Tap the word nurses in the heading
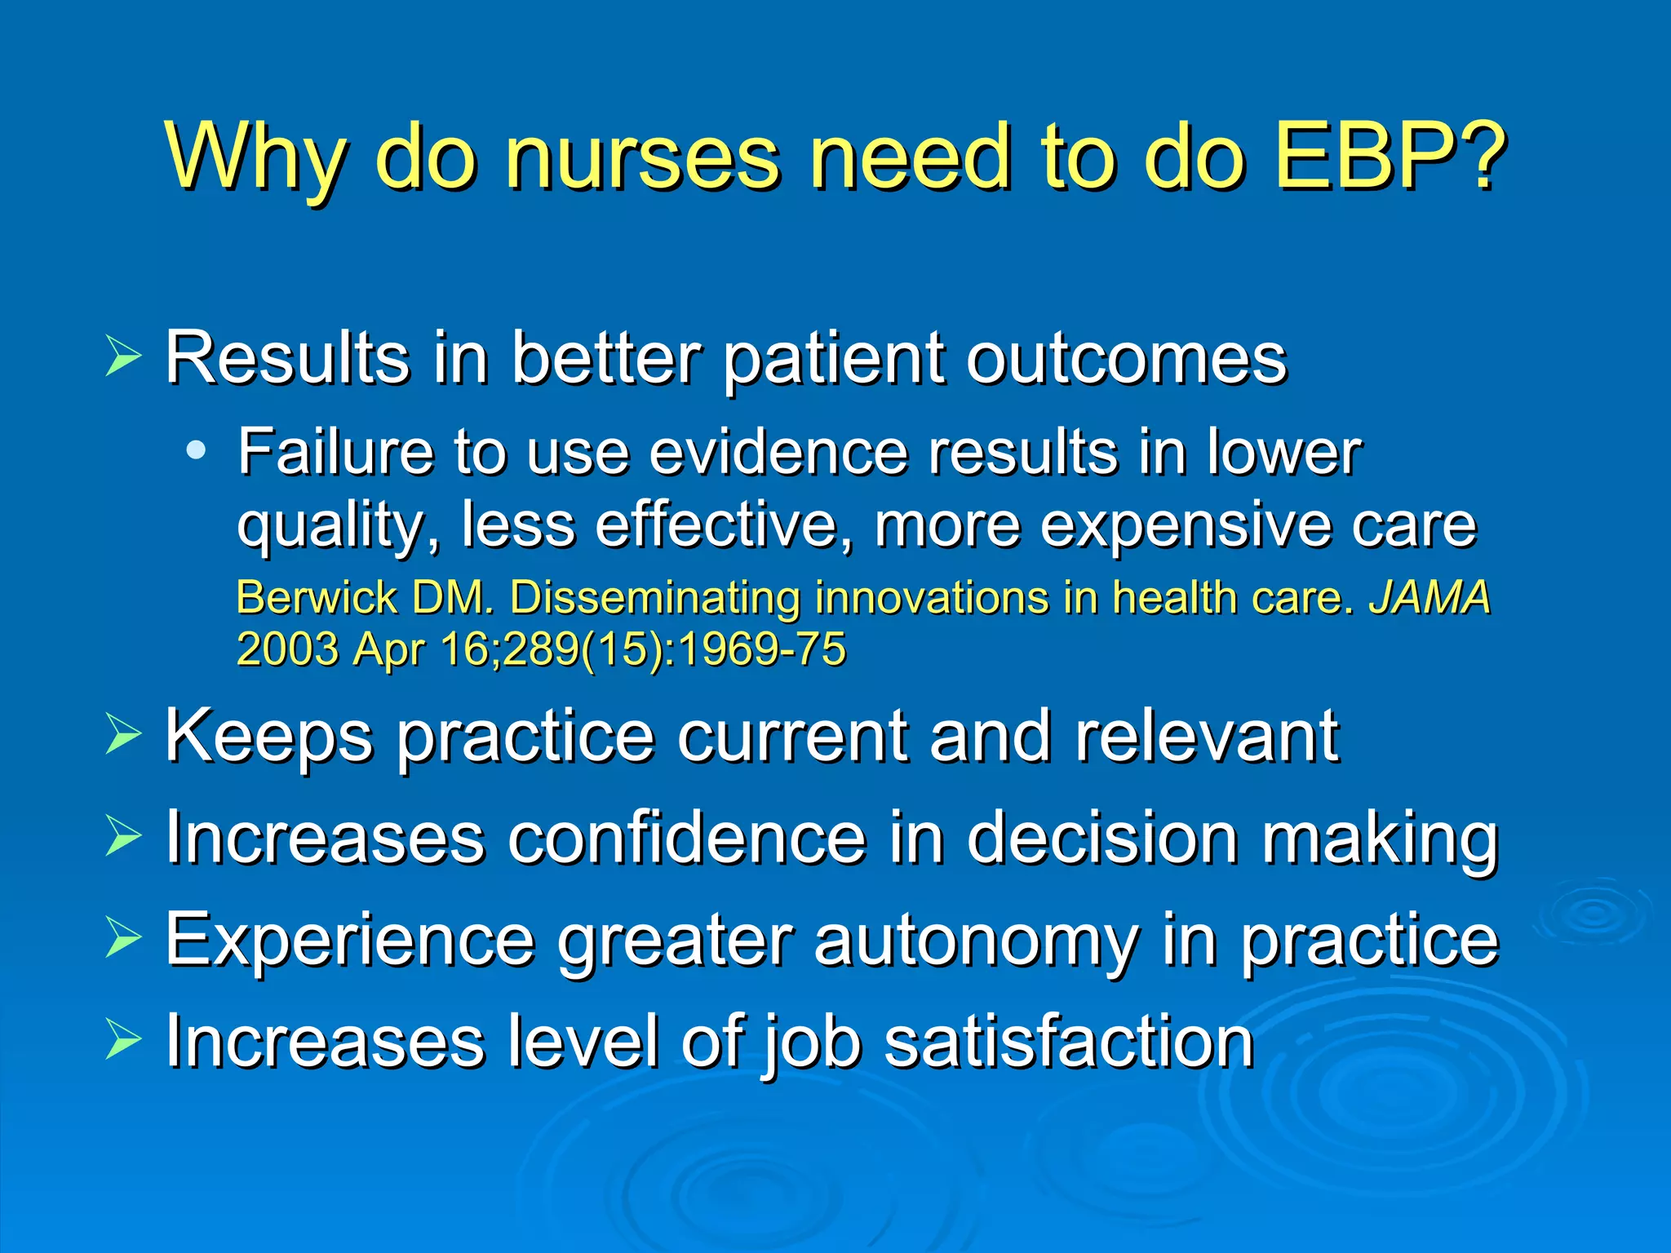tap(642, 155)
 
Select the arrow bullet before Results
tap(123, 357)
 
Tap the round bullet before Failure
tap(196, 450)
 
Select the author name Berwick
tap(317, 597)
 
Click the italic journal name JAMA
tap(1429, 597)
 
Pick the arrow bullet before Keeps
tap(123, 734)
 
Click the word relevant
tap(1207, 736)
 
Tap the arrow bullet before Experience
tap(123, 938)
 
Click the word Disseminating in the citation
tap(654, 597)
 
